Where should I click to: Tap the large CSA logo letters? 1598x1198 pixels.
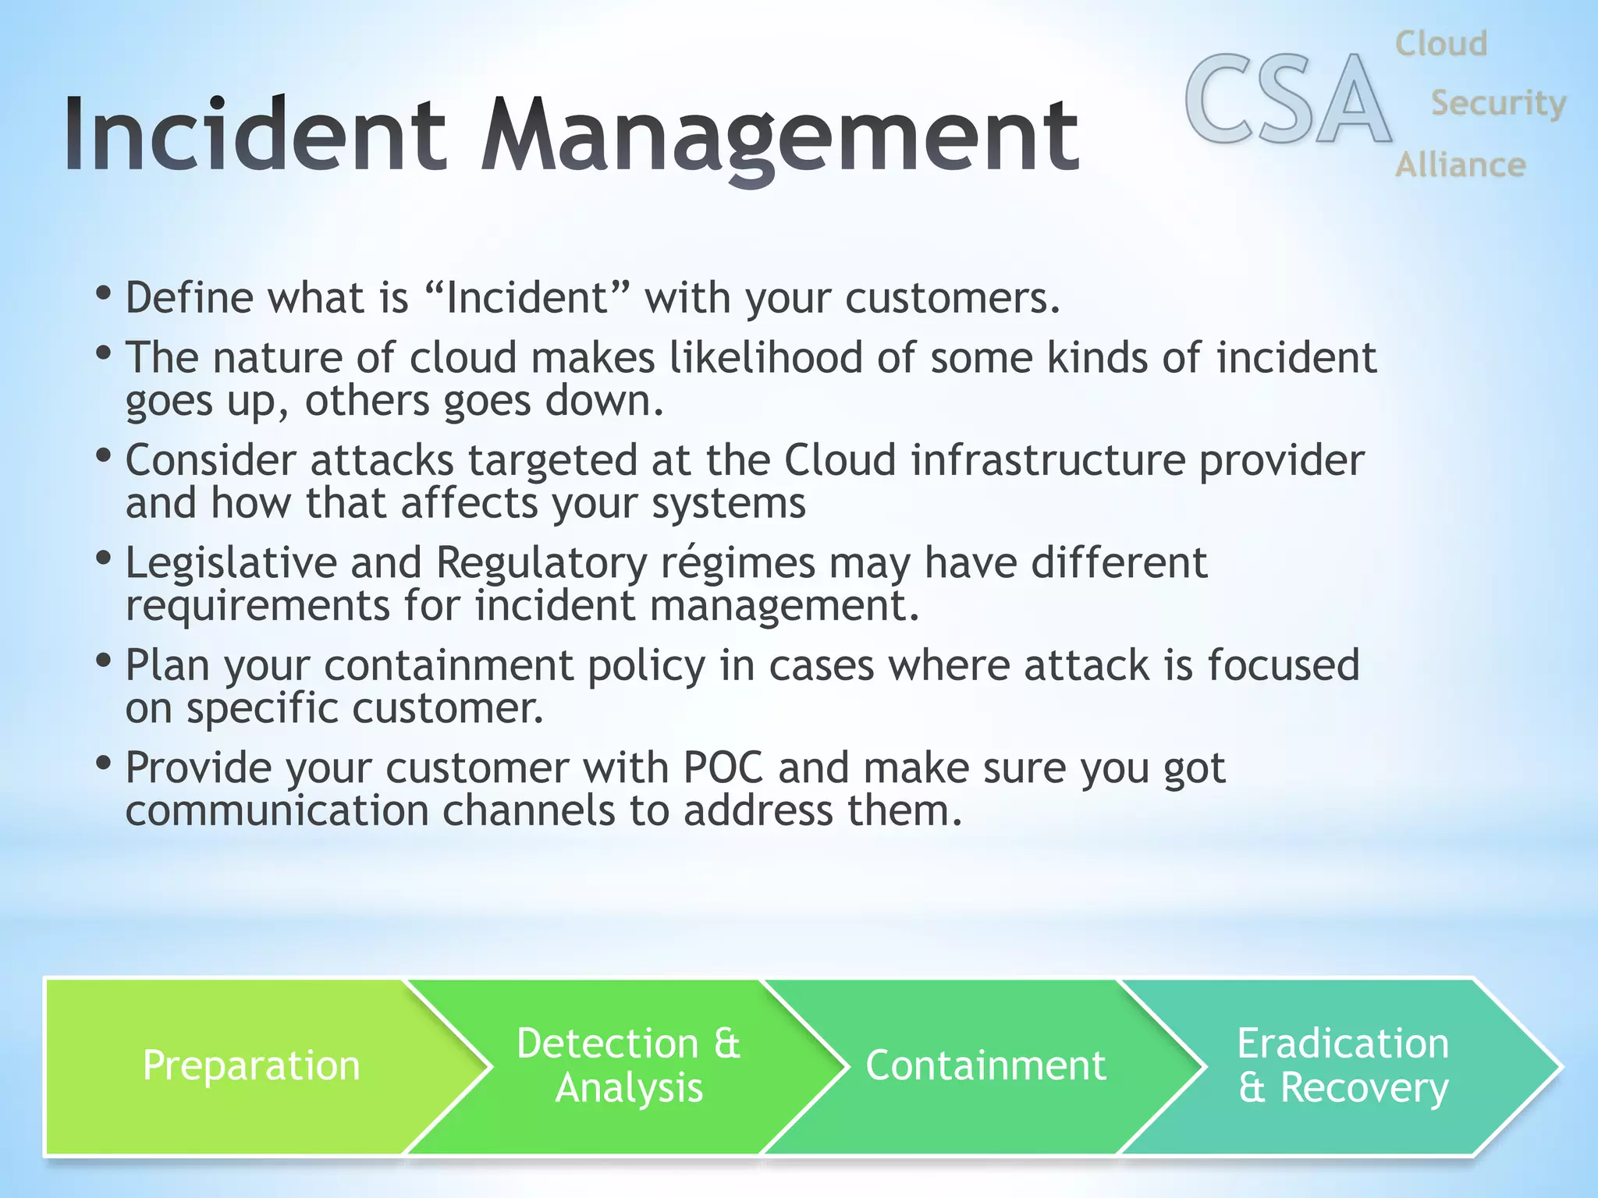tap(1287, 100)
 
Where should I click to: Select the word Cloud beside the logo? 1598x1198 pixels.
tap(1440, 44)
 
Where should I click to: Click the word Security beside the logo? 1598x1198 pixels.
tap(1497, 103)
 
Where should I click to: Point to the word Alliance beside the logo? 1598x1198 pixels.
tap(1460, 165)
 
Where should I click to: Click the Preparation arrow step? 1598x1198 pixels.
tap(251, 1066)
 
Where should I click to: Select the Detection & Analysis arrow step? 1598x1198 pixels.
tap(628, 1066)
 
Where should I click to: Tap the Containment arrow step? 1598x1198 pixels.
tap(985, 1066)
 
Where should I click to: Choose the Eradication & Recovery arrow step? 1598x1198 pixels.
tap(1342, 1066)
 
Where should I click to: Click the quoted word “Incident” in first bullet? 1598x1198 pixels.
tap(528, 299)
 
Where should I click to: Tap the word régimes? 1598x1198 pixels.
tap(737, 563)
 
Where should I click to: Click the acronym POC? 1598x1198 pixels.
tap(722, 768)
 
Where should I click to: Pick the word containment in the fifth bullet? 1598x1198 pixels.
tap(448, 666)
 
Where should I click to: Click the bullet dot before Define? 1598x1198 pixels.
tap(103, 295)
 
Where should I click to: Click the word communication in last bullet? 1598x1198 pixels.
tap(277, 811)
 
